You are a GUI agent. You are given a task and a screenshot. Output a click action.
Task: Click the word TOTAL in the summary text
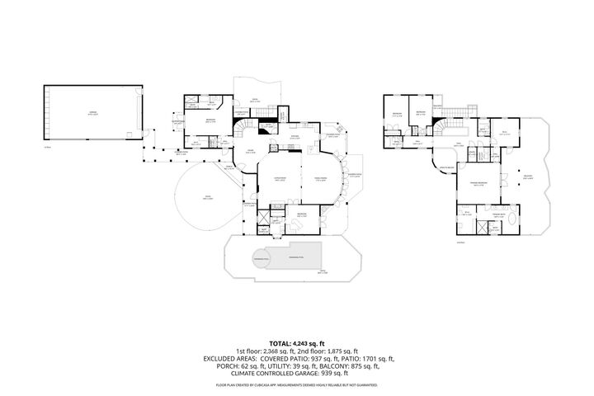click(x=279, y=342)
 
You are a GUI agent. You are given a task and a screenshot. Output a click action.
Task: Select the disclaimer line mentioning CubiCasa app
click(x=296, y=385)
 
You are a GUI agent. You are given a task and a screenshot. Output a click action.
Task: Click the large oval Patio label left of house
click(x=209, y=198)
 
